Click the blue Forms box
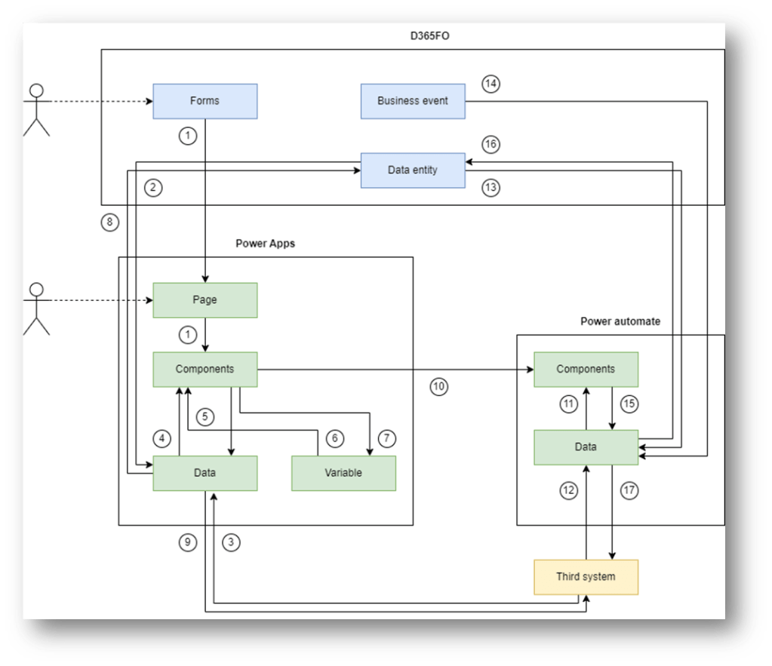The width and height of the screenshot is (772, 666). click(205, 101)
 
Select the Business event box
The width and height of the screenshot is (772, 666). click(412, 101)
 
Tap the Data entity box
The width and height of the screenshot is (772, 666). click(412, 170)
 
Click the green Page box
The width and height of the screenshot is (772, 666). click(205, 300)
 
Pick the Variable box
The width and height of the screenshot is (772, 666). click(343, 473)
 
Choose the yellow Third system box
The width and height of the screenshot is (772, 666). click(586, 577)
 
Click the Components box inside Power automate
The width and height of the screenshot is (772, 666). click(586, 370)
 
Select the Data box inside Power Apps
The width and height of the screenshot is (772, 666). click(205, 473)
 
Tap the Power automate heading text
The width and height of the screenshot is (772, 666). click(620, 321)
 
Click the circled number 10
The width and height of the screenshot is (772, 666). click(439, 387)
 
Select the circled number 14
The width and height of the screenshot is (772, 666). click(491, 84)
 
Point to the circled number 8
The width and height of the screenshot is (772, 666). click(109, 223)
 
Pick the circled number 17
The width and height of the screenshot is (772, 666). click(629, 490)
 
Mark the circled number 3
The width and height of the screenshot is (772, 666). click(232, 542)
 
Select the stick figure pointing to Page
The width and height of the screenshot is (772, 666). click(35, 308)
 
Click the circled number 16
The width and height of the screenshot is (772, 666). click(491, 143)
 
